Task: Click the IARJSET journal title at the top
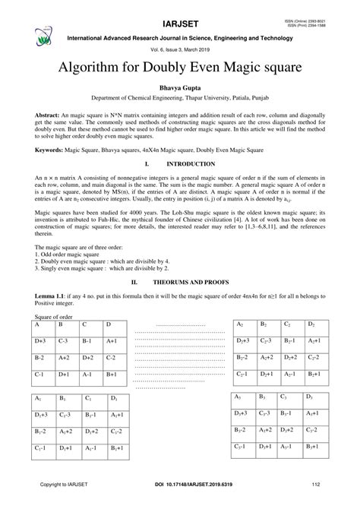coord(180,12)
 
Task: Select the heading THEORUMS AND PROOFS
coord(189,280)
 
